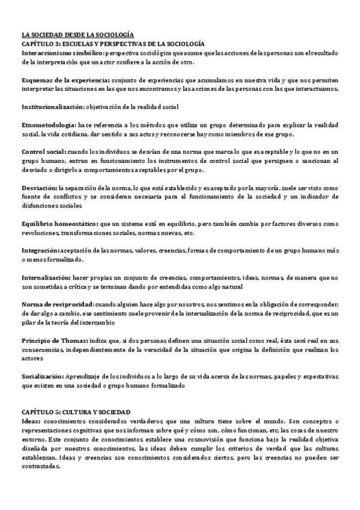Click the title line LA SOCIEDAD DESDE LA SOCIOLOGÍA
[78, 36]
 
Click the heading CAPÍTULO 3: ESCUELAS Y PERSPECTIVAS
[113, 44]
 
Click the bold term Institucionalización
[52, 106]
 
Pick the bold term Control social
[43, 152]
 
